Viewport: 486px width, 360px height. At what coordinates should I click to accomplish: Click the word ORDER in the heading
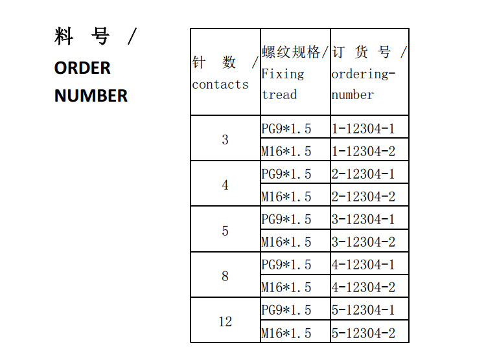click(x=82, y=68)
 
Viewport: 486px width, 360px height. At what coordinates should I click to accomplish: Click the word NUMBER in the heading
click(x=91, y=95)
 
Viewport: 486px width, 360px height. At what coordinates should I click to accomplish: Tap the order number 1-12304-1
click(x=364, y=129)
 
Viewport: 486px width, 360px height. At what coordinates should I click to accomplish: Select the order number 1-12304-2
click(x=364, y=152)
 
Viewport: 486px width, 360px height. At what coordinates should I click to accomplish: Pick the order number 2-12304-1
click(x=364, y=174)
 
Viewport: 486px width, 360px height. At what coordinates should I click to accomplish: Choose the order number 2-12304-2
click(x=364, y=196)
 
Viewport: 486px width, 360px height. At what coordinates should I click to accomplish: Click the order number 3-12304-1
click(x=364, y=219)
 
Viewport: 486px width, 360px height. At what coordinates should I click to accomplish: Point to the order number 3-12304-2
click(x=364, y=242)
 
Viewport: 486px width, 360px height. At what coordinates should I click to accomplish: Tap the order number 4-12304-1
click(x=364, y=265)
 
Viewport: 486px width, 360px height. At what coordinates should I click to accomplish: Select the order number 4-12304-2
click(x=364, y=287)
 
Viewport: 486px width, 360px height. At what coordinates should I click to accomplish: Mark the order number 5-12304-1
click(x=364, y=309)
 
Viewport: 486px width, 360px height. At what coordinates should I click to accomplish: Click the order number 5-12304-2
click(x=364, y=333)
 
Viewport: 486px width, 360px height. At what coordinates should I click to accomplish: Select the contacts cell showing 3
click(x=226, y=140)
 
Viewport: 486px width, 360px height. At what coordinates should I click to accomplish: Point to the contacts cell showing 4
click(x=226, y=185)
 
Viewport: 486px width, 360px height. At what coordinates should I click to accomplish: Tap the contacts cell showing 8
click(x=226, y=276)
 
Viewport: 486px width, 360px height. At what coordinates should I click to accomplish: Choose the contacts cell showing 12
click(x=226, y=322)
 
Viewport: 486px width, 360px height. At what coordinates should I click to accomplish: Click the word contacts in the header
click(x=220, y=85)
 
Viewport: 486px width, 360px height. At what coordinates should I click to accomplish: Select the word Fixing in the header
click(x=283, y=74)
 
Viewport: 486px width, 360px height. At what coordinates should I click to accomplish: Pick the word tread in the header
click(x=279, y=95)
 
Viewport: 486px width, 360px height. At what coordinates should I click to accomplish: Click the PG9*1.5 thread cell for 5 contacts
click(x=286, y=219)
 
